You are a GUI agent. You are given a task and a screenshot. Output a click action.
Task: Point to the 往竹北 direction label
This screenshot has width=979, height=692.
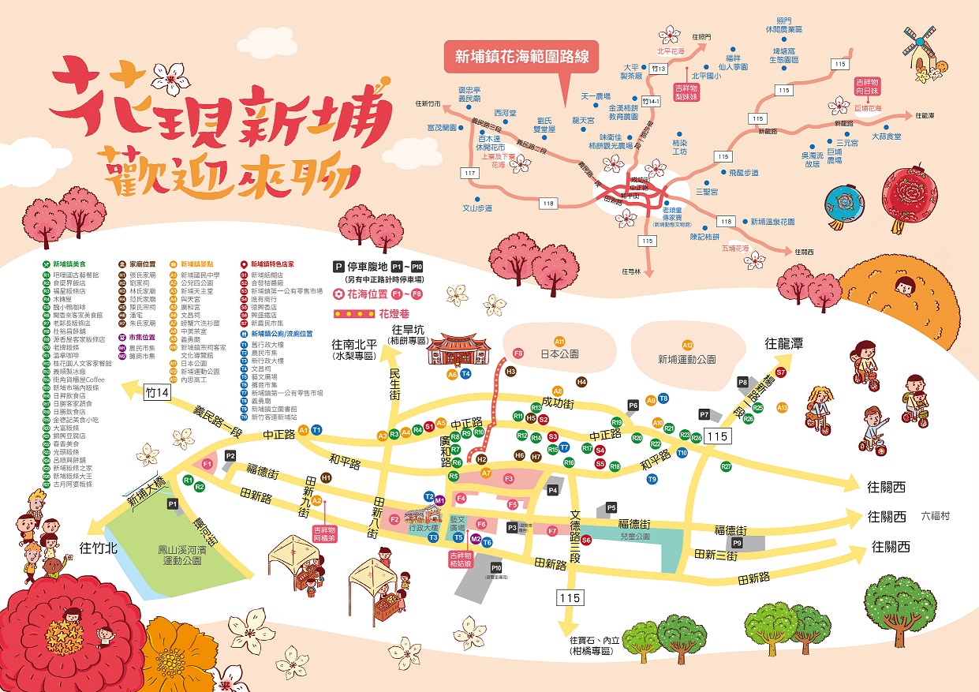pos(98,548)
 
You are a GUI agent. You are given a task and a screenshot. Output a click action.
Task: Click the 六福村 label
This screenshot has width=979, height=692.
pos(936,516)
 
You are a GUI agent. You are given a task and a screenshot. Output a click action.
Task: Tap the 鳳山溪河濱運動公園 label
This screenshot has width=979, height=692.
pos(176,552)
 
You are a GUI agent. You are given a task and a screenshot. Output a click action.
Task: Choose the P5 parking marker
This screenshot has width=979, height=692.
pos(611,507)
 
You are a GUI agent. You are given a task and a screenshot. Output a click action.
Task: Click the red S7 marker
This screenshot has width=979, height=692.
pos(781,372)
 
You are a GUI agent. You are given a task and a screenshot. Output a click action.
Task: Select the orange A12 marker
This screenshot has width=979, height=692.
pos(688,345)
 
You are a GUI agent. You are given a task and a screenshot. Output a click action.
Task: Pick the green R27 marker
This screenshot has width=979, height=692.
pos(727,466)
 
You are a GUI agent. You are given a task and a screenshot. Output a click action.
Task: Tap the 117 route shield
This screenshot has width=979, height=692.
pos(471,173)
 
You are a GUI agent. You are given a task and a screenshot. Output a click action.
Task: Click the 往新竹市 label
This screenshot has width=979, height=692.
pos(432,103)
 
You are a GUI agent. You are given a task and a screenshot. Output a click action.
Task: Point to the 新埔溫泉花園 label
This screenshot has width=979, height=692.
pos(772,222)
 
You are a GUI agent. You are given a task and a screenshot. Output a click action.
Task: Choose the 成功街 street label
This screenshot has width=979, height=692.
pos(556,403)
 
